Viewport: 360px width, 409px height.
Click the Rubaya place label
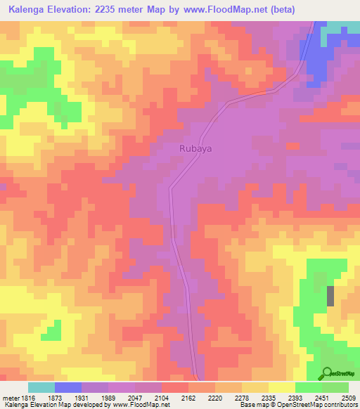[x=195, y=148]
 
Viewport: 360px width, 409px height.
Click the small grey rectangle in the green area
[x=330, y=296]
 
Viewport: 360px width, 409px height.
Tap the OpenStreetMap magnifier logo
[x=328, y=372]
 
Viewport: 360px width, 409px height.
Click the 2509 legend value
[x=348, y=397]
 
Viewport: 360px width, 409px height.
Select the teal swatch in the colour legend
[x=41, y=387]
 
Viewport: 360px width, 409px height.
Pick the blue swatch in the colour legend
[x=68, y=387]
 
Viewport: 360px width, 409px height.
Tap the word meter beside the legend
[x=9, y=397]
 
